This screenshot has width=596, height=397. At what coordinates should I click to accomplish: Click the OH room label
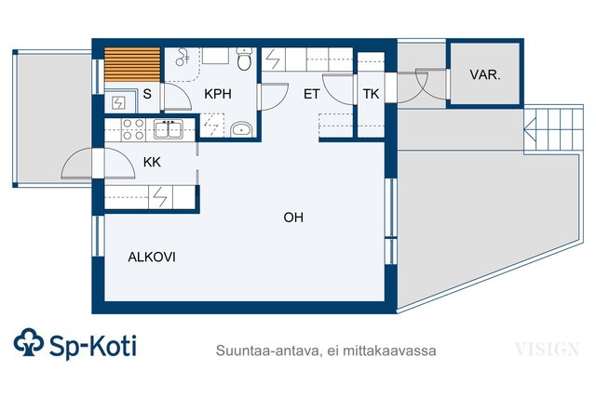click(x=293, y=218)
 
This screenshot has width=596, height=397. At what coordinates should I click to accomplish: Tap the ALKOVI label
click(x=152, y=258)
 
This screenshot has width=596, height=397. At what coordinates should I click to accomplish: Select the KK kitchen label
click(x=152, y=163)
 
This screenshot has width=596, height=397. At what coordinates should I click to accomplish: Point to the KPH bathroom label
click(x=218, y=94)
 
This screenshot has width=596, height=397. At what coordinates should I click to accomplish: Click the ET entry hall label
click(x=312, y=94)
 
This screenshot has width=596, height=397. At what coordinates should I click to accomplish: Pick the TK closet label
click(x=371, y=94)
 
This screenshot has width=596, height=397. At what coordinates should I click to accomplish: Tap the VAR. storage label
click(x=485, y=74)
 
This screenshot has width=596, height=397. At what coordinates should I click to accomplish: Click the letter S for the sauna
click(x=147, y=94)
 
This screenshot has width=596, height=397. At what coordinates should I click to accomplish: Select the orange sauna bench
click(x=132, y=64)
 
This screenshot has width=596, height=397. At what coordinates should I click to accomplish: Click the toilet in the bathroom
click(x=244, y=59)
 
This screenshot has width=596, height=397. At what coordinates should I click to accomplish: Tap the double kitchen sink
click(x=169, y=129)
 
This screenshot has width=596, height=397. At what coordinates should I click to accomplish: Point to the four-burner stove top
click(x=133, y=129)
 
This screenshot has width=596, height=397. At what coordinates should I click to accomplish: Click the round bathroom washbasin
click(x=241, y=129)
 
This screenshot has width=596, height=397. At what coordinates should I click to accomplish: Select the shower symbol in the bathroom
click(x=183, y=57)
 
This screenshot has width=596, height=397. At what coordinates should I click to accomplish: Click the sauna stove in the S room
click(x=119, y=102)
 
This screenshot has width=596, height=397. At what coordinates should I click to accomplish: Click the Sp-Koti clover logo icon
click(x=29, y=342)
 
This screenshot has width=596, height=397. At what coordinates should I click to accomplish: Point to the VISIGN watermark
click(x=548, y=349)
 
